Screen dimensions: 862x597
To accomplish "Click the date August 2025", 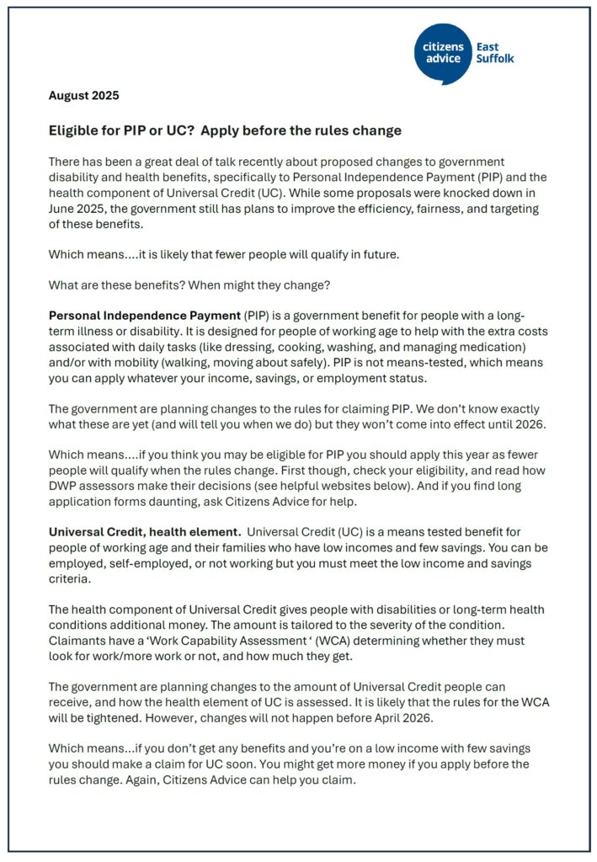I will [x=83, y=95].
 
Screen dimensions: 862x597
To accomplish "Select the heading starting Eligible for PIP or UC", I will [x=225, y=131].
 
